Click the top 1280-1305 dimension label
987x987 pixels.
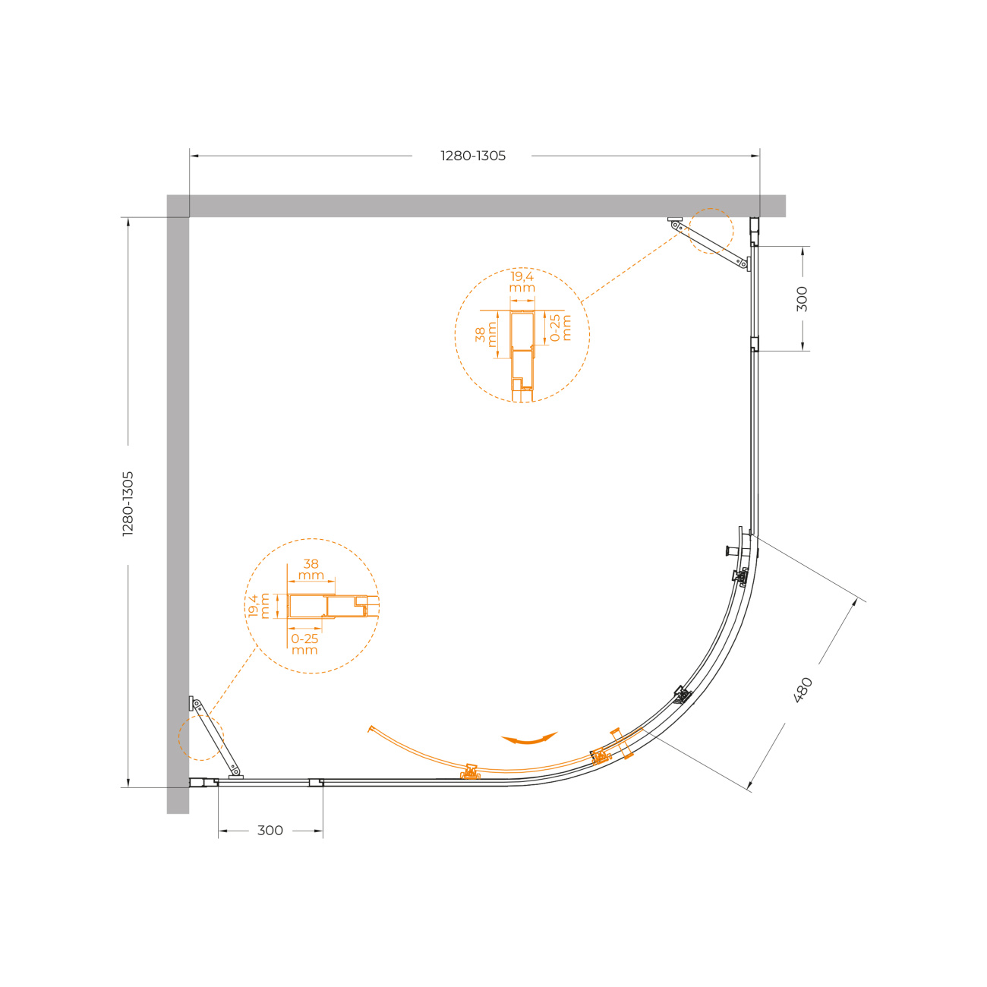tap(473, 156)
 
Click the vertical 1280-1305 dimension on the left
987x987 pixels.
tap(128, 503)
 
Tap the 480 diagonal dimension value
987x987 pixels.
tap(803, 690)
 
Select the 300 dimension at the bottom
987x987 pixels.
tap(270, 831)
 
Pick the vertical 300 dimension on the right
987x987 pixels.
tap(802, 298)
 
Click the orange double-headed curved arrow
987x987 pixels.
tap(529, 738)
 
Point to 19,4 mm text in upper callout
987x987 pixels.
tap(522, 282)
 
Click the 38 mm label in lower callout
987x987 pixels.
tap(311, 569)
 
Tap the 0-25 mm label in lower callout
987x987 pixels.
tap(304, 645)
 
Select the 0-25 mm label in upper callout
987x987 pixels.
tap(560, 328)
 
